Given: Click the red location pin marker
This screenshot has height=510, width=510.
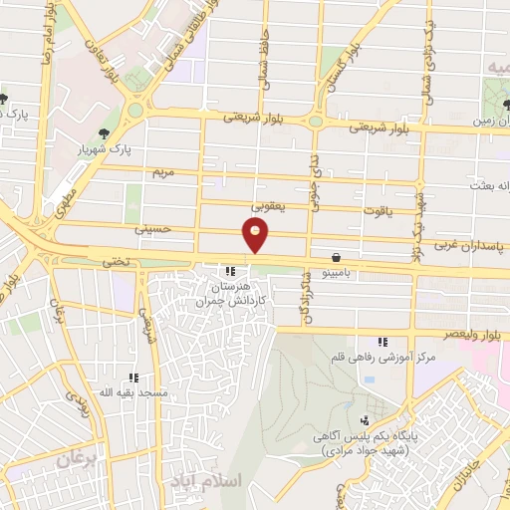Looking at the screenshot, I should coord(256,235).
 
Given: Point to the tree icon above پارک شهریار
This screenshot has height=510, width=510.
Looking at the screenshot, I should coord(103,132).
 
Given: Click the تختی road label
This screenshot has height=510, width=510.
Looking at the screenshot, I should coord(116,259).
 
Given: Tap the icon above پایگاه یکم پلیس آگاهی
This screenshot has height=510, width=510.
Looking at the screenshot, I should coord(365,420).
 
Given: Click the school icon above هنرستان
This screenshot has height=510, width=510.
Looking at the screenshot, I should coord(230,270).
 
